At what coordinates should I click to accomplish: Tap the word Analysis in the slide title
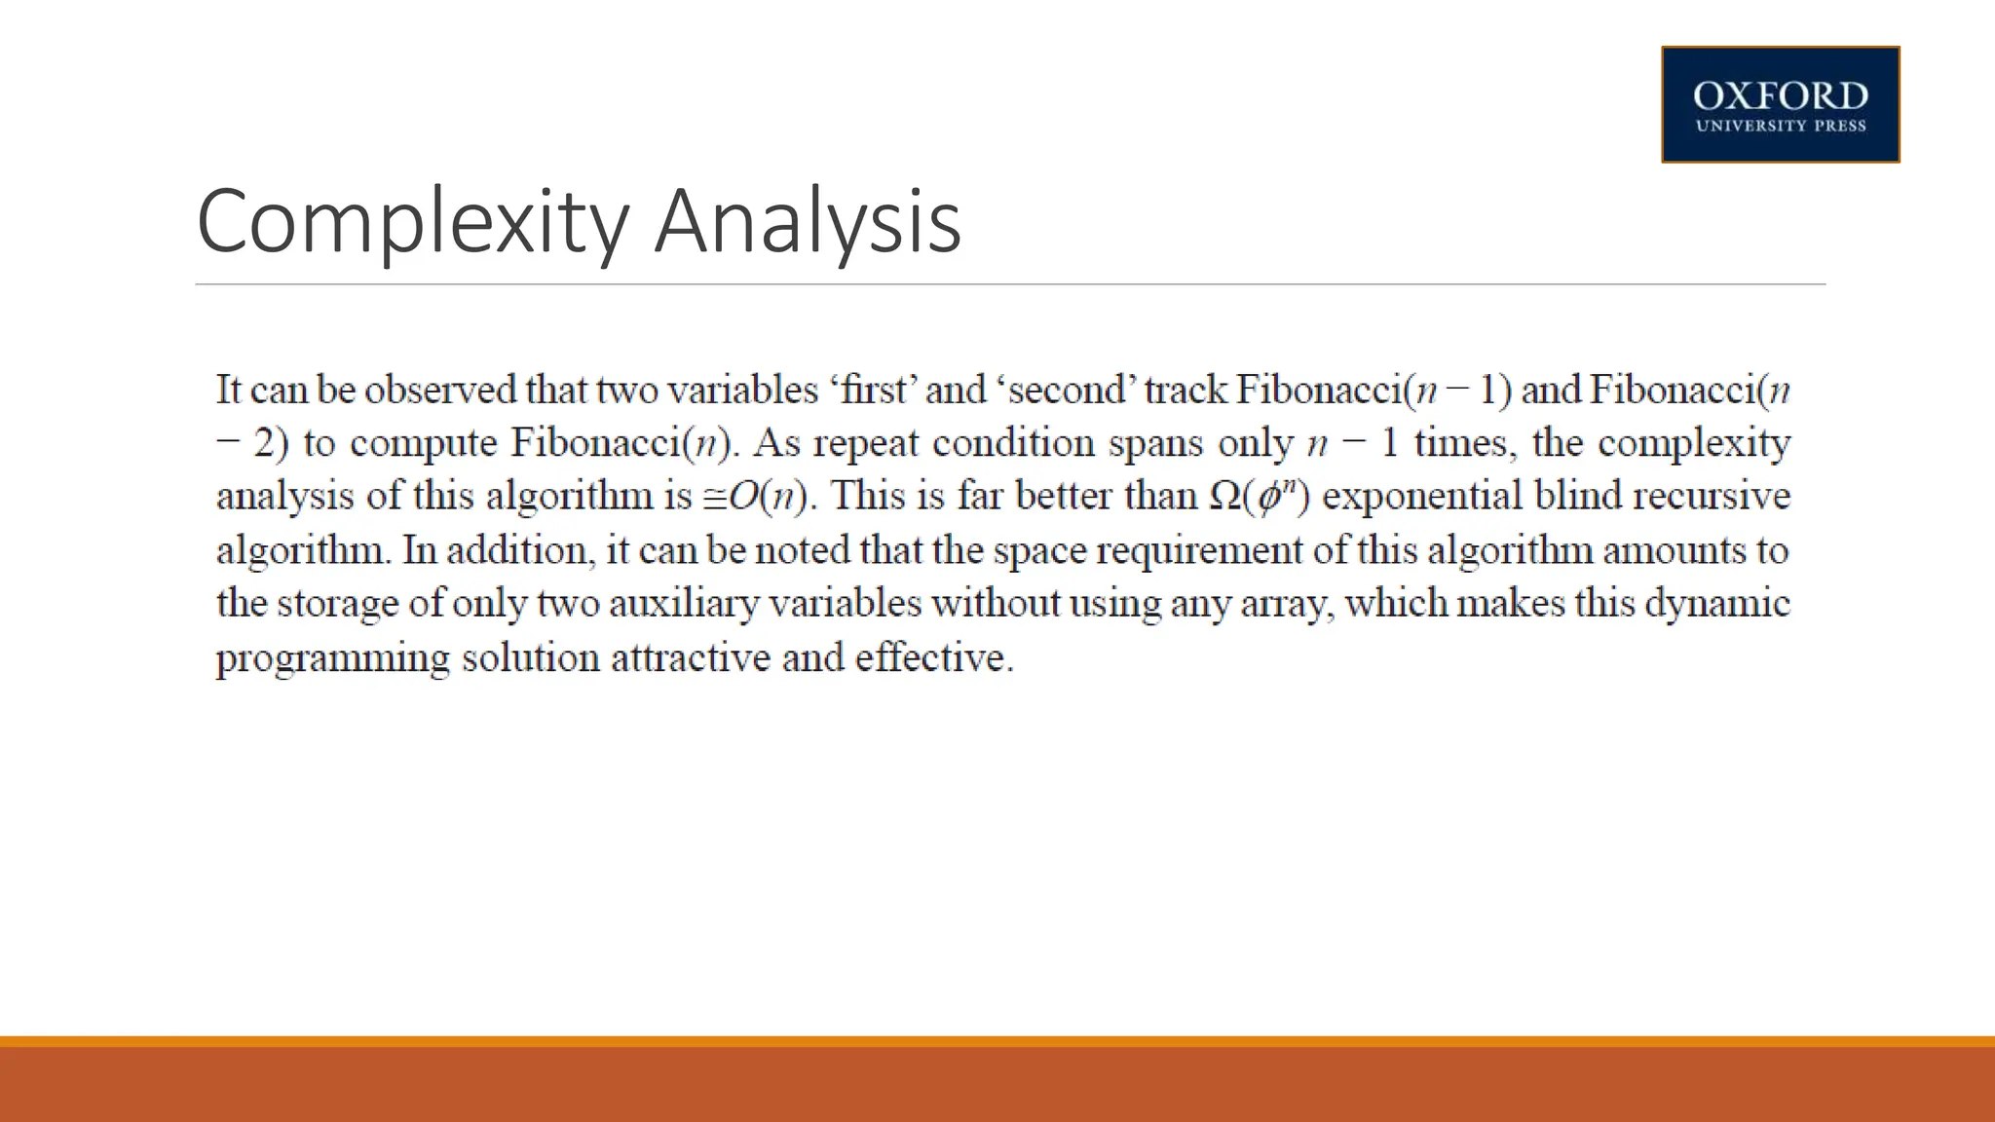808,222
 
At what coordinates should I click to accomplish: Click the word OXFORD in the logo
1780,95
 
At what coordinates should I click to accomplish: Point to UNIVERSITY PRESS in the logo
1780,126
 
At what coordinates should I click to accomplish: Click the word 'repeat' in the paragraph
866,443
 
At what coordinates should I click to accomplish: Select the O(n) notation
769,497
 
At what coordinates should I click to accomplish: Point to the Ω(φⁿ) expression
1260,496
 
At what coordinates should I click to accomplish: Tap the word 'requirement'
1199,551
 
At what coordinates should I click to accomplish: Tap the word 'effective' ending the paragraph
932,657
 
